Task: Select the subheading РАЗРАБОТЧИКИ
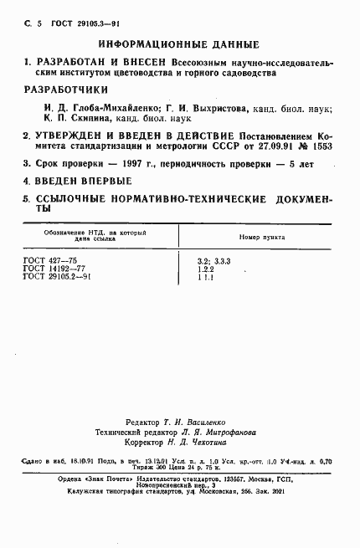[x=64, y=89]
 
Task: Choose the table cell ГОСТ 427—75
[x=48, y=261]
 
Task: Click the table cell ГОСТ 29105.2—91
[x=56, y=277]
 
